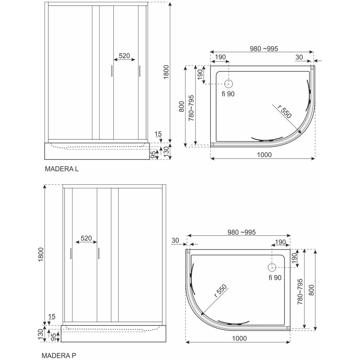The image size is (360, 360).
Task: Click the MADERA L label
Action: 62,169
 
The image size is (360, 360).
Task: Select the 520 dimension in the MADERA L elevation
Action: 124,56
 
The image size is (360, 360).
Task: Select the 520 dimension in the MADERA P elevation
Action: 86,238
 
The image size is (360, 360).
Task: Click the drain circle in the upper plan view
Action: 229,84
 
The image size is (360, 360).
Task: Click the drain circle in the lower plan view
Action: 271,267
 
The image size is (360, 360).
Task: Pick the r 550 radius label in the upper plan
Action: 284,112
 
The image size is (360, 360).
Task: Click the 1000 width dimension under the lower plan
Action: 239,338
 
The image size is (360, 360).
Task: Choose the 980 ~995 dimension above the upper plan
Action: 264,49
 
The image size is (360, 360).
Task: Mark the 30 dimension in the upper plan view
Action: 299,57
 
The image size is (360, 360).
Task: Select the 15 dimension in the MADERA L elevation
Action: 158,134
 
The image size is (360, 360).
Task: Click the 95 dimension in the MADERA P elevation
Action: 53,337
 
